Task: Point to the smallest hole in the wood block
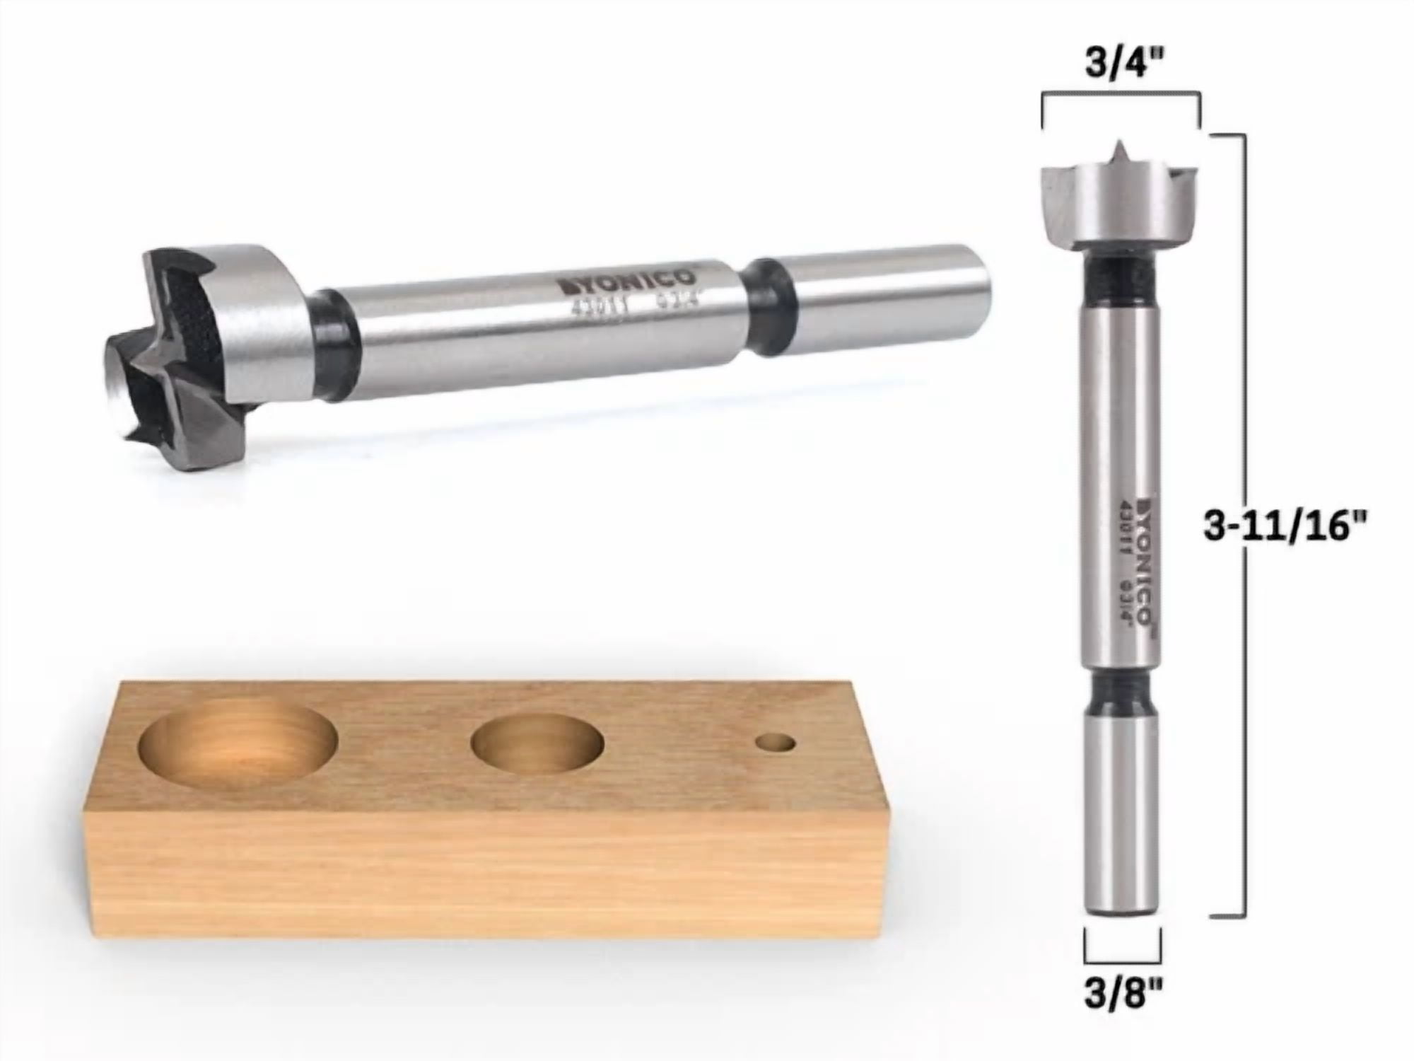[x=775, y=743]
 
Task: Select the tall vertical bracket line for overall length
[x=1244, y=526]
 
